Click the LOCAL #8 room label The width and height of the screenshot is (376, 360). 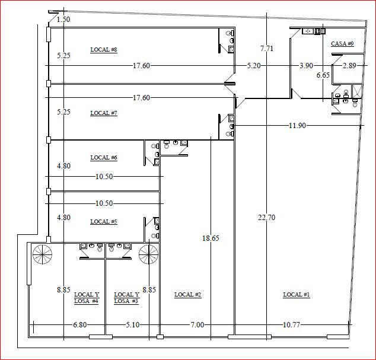coord(104,50)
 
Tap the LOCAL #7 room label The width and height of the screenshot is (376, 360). coord(104,113)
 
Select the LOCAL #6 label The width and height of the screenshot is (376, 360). coord(104,158)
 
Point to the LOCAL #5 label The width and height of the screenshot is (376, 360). coord(104,222)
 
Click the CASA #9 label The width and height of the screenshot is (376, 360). coord(342,44)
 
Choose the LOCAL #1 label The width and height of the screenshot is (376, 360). coord(297,295)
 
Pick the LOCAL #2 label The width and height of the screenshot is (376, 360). coord(187,295)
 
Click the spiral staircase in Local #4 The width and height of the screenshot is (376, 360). coord(43,254)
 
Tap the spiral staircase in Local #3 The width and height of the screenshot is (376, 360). coord(149,254)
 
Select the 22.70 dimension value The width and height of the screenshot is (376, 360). coord(267,218)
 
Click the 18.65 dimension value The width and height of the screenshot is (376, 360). coord(211,238)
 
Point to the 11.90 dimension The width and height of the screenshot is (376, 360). coord(297,125)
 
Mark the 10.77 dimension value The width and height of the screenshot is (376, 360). coord(291,325)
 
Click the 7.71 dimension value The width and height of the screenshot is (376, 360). coord(267,49)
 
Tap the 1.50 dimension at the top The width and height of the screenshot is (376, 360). coord(63,20)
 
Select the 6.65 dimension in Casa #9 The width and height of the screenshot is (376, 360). coord(323,75)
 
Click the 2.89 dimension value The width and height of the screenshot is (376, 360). coord(349,65)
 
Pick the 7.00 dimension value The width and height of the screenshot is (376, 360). coord(197,325)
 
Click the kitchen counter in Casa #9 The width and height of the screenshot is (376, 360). coord(314,31)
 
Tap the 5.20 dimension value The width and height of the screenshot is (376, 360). coord(254,65)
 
